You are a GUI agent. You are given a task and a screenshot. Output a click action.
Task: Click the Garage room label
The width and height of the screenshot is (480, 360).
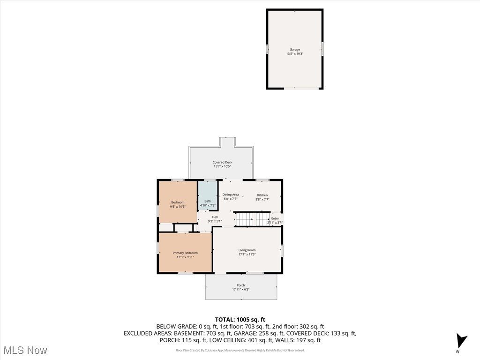click(x=294, y=49)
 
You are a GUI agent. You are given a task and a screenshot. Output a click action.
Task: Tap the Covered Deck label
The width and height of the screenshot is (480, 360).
click(x=222, y=162)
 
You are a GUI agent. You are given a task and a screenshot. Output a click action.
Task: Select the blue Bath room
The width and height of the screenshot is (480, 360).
click(x=208, y=195)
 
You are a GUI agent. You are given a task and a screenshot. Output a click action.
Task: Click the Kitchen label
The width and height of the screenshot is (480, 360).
click(x=262, y=195)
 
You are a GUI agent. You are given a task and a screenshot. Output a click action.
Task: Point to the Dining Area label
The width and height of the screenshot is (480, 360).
click(x=231, y=195)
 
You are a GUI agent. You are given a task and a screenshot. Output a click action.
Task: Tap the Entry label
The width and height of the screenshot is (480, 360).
click(x=275, y=218)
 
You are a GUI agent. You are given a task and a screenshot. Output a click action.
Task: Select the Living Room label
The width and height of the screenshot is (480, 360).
click(x=247, y=250)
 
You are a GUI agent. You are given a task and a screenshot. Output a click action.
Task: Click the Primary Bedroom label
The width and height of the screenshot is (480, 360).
click(x=185, y=253)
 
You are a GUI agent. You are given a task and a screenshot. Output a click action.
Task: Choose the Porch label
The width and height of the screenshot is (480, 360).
click(x=241, y=285)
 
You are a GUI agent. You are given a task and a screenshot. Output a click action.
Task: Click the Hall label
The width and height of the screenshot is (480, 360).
click(x=215, y=217)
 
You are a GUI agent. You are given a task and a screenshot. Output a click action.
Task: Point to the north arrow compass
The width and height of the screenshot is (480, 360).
click(x=461, y=341)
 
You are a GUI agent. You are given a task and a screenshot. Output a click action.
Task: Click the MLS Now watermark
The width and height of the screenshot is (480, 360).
click(x=25, y=350)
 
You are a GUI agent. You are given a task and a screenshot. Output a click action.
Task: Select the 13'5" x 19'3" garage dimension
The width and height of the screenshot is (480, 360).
click(x=295, y=54)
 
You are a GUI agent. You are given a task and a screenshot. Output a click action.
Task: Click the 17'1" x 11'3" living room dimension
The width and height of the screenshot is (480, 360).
click(x=247, y=255)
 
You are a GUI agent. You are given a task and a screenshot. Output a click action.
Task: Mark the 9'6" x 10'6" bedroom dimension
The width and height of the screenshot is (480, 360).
click(x=178, y=207)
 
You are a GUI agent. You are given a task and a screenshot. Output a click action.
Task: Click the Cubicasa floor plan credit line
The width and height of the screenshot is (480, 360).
click(x=240, y=350)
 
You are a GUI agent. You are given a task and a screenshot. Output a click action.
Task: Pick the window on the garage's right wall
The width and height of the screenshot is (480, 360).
click(x=322, y=49)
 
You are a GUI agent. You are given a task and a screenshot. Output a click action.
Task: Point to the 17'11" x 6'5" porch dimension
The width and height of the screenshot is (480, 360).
click(x=241, y=289)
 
